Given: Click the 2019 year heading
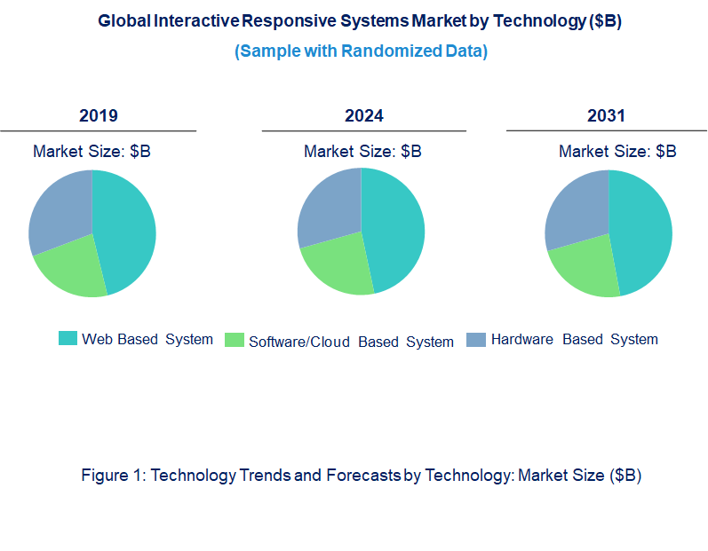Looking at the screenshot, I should (x=98, y=116).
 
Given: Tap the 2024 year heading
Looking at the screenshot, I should (x=363, y=116).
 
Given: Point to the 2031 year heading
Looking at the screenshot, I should (x=606, y=116).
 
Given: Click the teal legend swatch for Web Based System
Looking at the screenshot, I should (x=68, y=338).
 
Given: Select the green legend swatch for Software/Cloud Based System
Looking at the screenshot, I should (x=235, y=340).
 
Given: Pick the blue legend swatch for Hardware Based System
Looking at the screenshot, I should (x=476, y=339).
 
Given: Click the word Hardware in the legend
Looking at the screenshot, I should (x=521, y=339).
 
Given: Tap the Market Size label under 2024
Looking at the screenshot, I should (x=362, y=152).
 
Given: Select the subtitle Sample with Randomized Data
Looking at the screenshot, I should (x=361, y=51).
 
